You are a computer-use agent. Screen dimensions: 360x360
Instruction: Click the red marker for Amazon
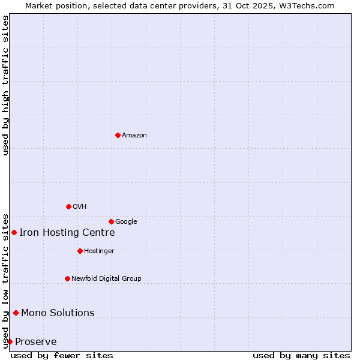coord(118,135)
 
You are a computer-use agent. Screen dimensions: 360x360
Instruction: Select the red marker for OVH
coord(68,206)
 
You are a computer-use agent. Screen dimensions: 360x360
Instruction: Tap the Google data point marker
coord(111,221)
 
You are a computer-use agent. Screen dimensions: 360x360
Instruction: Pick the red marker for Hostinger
coord(80,251)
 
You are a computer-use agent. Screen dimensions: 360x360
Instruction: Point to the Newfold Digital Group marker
coord(67,278)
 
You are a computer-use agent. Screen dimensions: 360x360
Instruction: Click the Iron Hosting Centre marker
coord(14,232)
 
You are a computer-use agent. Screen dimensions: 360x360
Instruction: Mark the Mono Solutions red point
coord(16,313)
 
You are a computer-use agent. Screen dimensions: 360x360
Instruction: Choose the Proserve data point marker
coord(10,341)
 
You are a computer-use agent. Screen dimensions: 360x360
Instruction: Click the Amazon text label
coord(134,135)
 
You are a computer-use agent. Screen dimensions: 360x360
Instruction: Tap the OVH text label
coord(80,206)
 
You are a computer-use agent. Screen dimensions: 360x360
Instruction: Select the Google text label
coord(126,221)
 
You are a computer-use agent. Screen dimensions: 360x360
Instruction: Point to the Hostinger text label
coord(99,251)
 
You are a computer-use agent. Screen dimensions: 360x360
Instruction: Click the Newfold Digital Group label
coord(106,278)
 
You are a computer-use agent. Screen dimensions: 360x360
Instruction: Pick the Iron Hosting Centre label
coord(67,232)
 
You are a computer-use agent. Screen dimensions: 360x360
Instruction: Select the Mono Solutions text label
coord(58,313)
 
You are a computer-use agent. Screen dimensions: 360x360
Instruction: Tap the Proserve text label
coord(36,341)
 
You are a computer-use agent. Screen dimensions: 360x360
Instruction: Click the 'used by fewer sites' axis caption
coord(62,355)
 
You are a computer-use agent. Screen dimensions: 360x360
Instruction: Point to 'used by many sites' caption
coord(301,355)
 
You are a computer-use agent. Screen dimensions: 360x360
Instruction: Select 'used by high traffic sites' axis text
coord(5,85)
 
